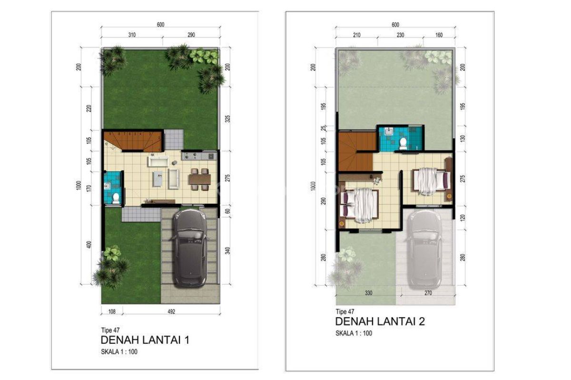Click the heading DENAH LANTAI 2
tap(380, 322)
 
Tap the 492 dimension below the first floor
tap(172, 312)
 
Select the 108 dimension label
tap(112, 312)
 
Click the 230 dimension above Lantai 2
tap(400, 35)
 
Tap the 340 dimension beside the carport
tap(228, 250)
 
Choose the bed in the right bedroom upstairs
tap(427, 180)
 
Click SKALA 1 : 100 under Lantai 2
tap(354, 333)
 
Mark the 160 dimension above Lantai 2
tap(438, 35)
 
